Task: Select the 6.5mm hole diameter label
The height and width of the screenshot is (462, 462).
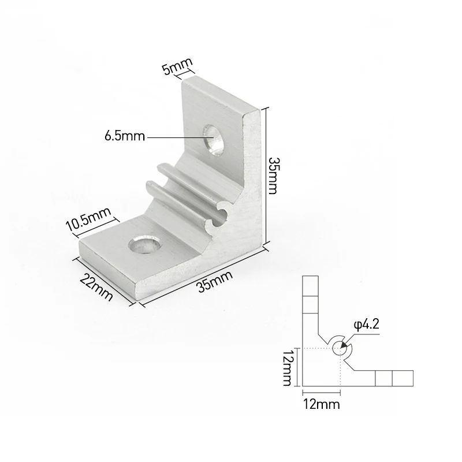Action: (125, 136)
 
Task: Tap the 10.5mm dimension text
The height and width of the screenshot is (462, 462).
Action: (89, 219)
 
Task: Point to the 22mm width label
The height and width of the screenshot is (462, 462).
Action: (96, 287)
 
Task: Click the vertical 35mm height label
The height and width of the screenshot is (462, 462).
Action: (273, 176)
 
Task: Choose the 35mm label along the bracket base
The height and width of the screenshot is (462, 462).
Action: (215, 281)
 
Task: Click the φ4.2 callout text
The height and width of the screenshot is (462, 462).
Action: (366, 325)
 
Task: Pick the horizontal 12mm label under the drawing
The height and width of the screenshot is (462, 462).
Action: (322, 404)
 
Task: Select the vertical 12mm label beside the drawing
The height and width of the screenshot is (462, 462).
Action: (287, 367)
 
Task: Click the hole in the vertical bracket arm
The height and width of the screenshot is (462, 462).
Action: (214, 139)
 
